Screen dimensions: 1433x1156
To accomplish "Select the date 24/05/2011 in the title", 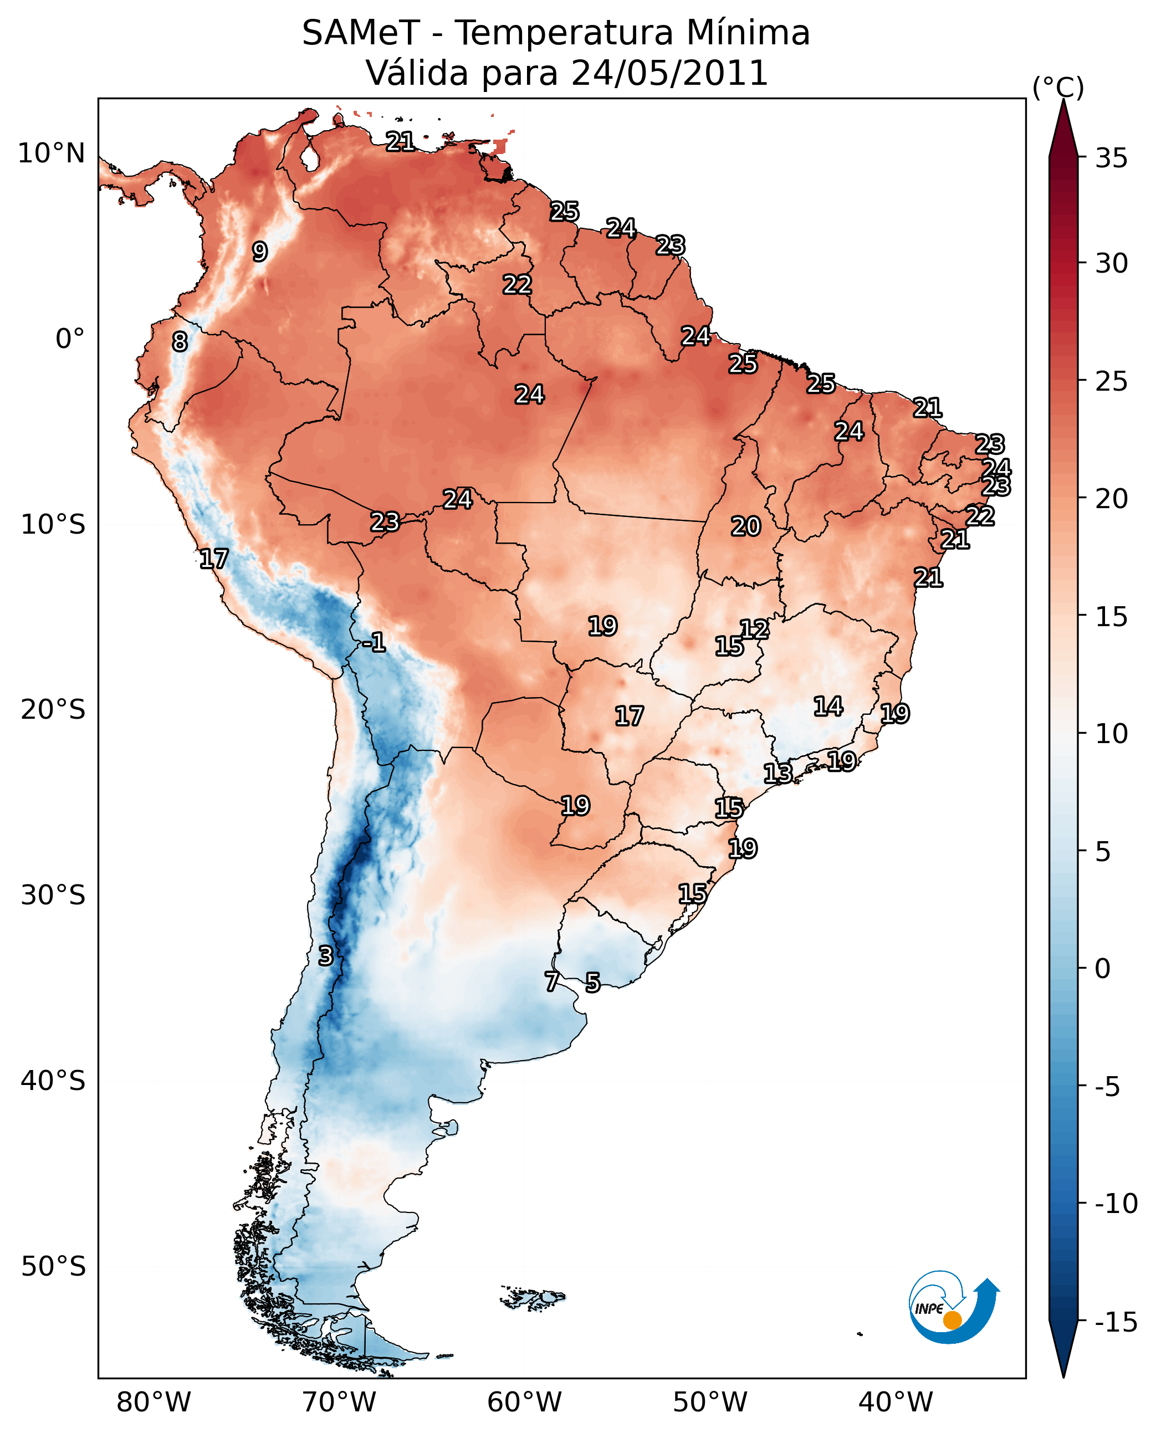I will (x=669, y=73).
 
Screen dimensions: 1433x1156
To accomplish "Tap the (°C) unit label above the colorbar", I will (x=1058, y=87).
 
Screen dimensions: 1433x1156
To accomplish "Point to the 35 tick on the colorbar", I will (x=1111, y=158).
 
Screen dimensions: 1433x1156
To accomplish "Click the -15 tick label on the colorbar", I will (x=1116, y=1321).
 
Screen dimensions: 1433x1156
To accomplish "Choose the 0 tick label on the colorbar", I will (x=1103, y=968).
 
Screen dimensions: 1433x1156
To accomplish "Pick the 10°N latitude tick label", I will (x=52, y=154).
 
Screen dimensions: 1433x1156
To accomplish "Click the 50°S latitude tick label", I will (x=53, y=1266).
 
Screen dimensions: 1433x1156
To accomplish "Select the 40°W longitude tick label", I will (x=896, y=1402).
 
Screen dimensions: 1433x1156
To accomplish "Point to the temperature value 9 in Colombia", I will (x=260, y=252).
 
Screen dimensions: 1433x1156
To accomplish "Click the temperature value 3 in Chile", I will (x=325, y=955).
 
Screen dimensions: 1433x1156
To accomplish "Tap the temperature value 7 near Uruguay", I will (x=551, y=981).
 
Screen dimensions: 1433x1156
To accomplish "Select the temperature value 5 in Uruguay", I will (x=592, y=982).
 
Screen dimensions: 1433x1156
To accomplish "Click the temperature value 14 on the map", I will (x=828, y=706).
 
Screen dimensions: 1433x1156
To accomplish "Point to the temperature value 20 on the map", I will (x=746, y=526).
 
